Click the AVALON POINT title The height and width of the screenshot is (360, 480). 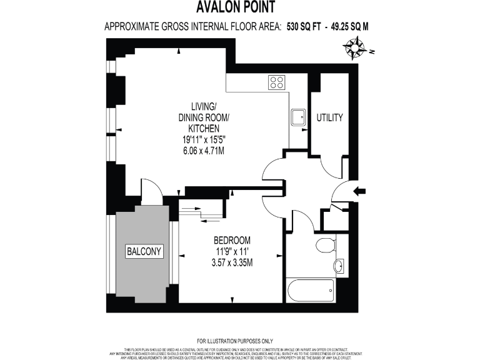[239, 8]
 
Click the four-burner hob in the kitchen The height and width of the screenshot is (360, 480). [276, 82]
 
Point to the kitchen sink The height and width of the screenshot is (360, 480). [298, 116]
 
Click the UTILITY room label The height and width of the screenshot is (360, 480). [329, 117]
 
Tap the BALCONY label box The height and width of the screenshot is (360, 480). [144, 252]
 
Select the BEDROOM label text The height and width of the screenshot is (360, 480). [232, 240]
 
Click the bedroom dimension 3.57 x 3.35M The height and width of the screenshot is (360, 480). [232, 262]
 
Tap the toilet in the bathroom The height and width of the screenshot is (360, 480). [325, 244]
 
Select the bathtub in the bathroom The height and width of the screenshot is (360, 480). [310, 290]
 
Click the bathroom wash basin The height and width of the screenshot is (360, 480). [339, 266]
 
